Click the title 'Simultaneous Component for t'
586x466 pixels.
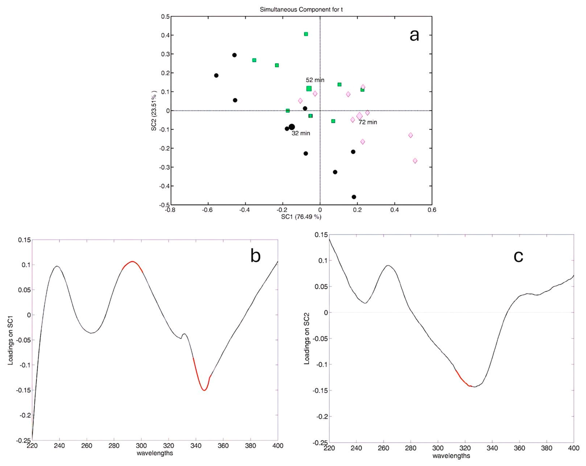click(x=301, y=10)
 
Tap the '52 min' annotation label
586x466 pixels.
click(x=315, y=80)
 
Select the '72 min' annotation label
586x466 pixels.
click(x=368, y=122)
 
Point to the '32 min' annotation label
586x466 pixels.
click(x=301, y=133)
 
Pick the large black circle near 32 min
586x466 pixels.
click(x=292, y=127)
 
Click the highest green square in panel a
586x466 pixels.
click(x=306, y=34)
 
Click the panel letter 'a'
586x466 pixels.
click(x=414, y=35)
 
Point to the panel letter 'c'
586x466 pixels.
click(x=518, y=256)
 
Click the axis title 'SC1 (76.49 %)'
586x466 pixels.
click(x=301, y=217)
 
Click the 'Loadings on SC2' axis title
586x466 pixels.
click(x=307, y=339)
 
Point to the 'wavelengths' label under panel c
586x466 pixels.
click(x=451, y=456)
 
